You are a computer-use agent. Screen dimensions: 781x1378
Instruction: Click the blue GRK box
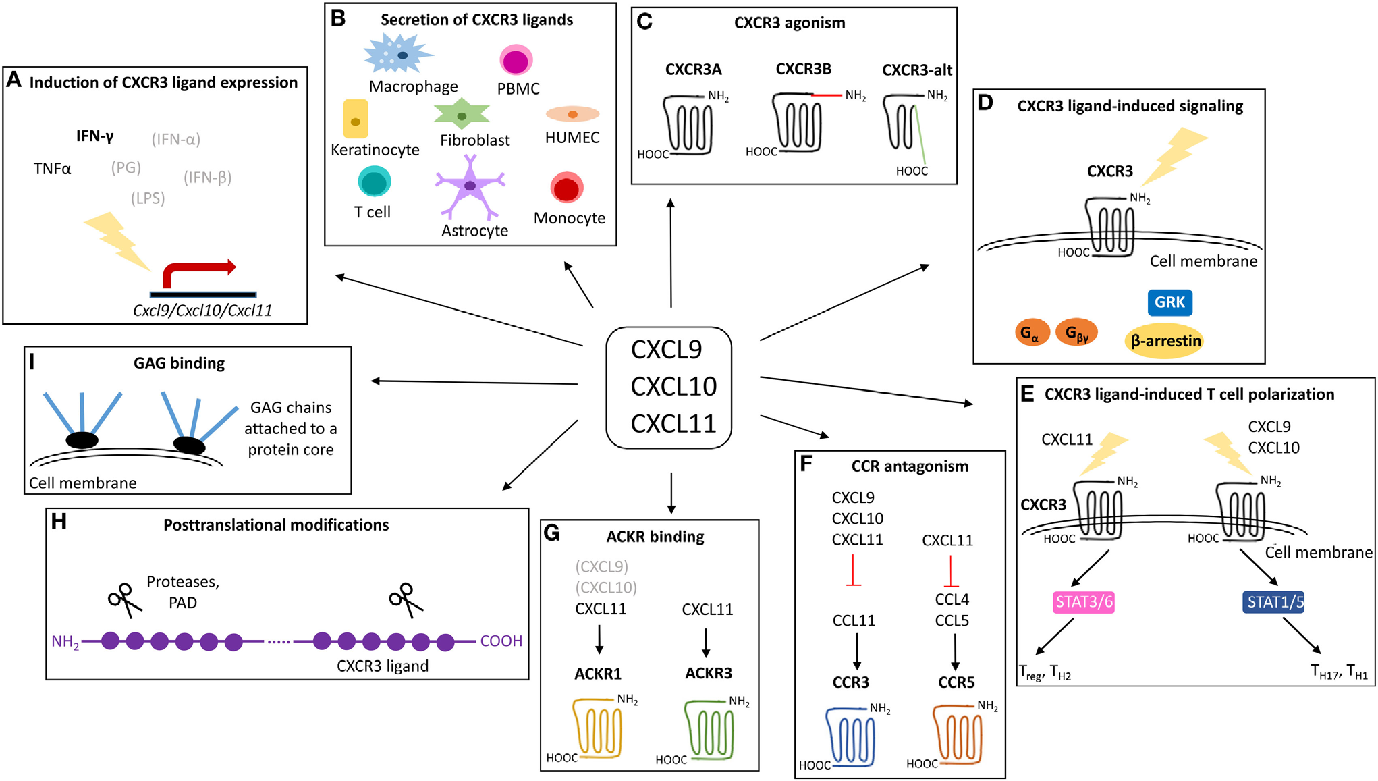pyautogui.click(x=1169, y=302)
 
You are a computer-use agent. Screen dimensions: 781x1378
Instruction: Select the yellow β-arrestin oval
pyautogui.click(x=1165, y=341)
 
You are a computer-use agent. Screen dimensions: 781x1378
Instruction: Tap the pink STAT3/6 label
pyautogui.click(x=1083, y=602)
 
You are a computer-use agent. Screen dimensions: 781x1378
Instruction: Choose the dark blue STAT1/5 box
pyautogui.click(x=1273, y=602)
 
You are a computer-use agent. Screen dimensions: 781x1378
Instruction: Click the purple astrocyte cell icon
pyautogui.click(x=470, y=186)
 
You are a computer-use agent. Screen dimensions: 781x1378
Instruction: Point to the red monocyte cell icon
pyautogui.click(x=567, y=188)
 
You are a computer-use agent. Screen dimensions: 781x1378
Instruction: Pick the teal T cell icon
pyautogui.click(x=374, y=182)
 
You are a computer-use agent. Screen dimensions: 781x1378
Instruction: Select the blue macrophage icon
pyautogui.click(x=398, y=55)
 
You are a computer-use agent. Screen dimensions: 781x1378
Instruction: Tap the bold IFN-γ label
pyautogui.click(x=94, y=136)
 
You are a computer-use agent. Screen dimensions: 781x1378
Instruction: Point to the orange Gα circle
pyautogui.click(x=1032, y=333)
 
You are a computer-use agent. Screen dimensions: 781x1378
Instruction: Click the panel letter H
pyautogui.click(x=59, y=522)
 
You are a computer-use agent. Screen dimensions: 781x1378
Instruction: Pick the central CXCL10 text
pyautogui.click(x=673, y=387)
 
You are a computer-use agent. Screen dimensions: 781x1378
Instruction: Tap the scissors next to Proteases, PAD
pyautogui.click(x=124, y=599)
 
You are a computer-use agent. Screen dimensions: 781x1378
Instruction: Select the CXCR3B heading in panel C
pyautogui.click(x=803, y=69)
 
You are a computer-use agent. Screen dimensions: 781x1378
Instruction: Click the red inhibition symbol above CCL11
pyautogui.click(x=853, y=571)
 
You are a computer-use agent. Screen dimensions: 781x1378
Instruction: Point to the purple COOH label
pyautogui.click(x=501, y=641)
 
